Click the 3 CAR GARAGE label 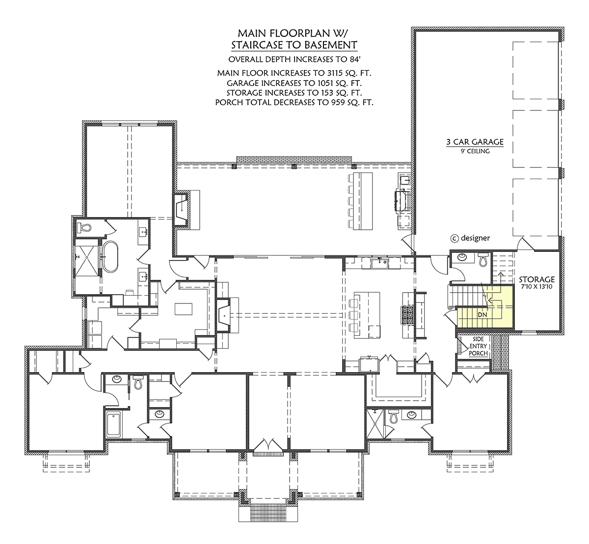coord(475,142)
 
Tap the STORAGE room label coord(537,279)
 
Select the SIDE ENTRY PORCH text coord(479,346)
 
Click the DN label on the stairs coord(482,315)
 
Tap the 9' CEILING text coord(475,151)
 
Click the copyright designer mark coord(470,238)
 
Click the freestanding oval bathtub coord(110,257)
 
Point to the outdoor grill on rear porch coord(402,201)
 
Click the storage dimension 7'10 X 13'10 coord(537,287)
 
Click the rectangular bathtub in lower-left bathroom coord(113,424)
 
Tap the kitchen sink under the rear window coord(379,263)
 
